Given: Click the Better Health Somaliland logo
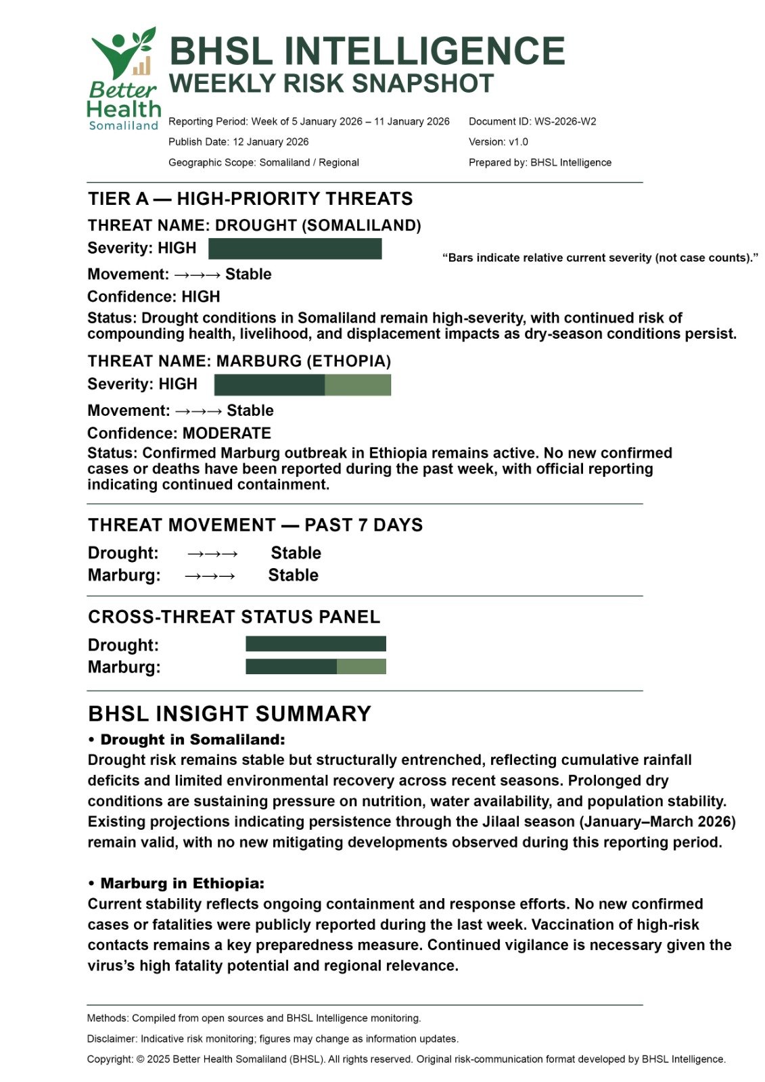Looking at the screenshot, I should [x=124, y=80].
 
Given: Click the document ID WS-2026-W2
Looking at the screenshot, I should [x=565, y=122].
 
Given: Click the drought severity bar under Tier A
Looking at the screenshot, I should [x=295, y=249].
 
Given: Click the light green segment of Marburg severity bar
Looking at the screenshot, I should [x=358, y=385].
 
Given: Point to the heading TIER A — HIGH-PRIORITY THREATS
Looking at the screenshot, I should [x=250, y=199].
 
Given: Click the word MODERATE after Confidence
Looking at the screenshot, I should [x=227, y=433].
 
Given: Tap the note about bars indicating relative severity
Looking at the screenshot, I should [x=600, y=258].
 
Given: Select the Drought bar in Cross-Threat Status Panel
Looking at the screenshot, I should [x=315, y=644].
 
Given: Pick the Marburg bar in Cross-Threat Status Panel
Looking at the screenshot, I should [x=315, y=667].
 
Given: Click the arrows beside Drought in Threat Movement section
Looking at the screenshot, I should [x=212, y=554].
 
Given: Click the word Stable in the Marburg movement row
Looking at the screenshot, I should [x=293, y=575].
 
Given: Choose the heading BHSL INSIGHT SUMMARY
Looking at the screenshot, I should [x=229, y=714].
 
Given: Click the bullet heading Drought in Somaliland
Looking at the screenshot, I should [x=193, y=740].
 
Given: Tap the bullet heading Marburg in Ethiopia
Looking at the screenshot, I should [x=183, y=884].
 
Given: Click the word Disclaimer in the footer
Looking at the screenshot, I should [x=111, y=1039].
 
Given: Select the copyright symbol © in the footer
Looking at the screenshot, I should [x=140, y=1060].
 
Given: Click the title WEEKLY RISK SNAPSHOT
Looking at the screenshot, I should [x=331, y=84].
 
